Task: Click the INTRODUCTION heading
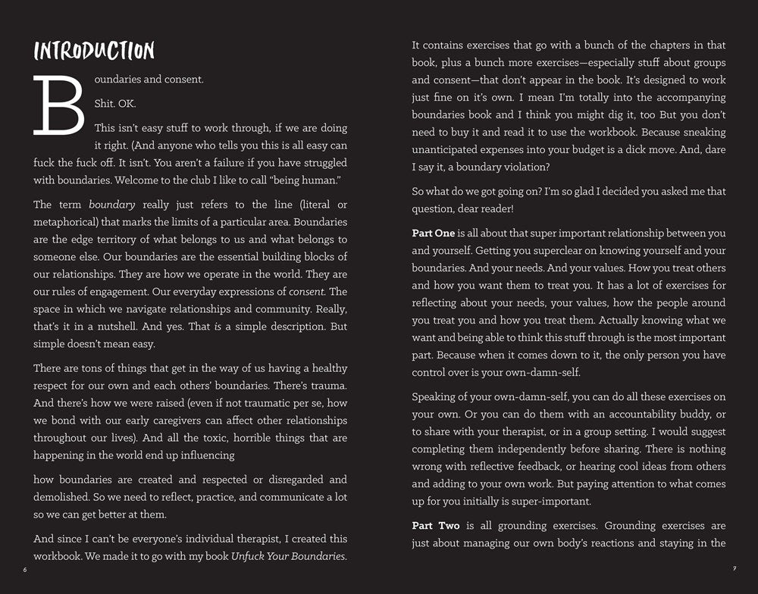tap(94, 51)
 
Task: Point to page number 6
tap(24, 569)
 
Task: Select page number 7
tap(734, 569)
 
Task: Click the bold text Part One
tap(434, 233)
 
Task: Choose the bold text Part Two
tap(434, 525)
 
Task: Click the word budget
tap(588, 150)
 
